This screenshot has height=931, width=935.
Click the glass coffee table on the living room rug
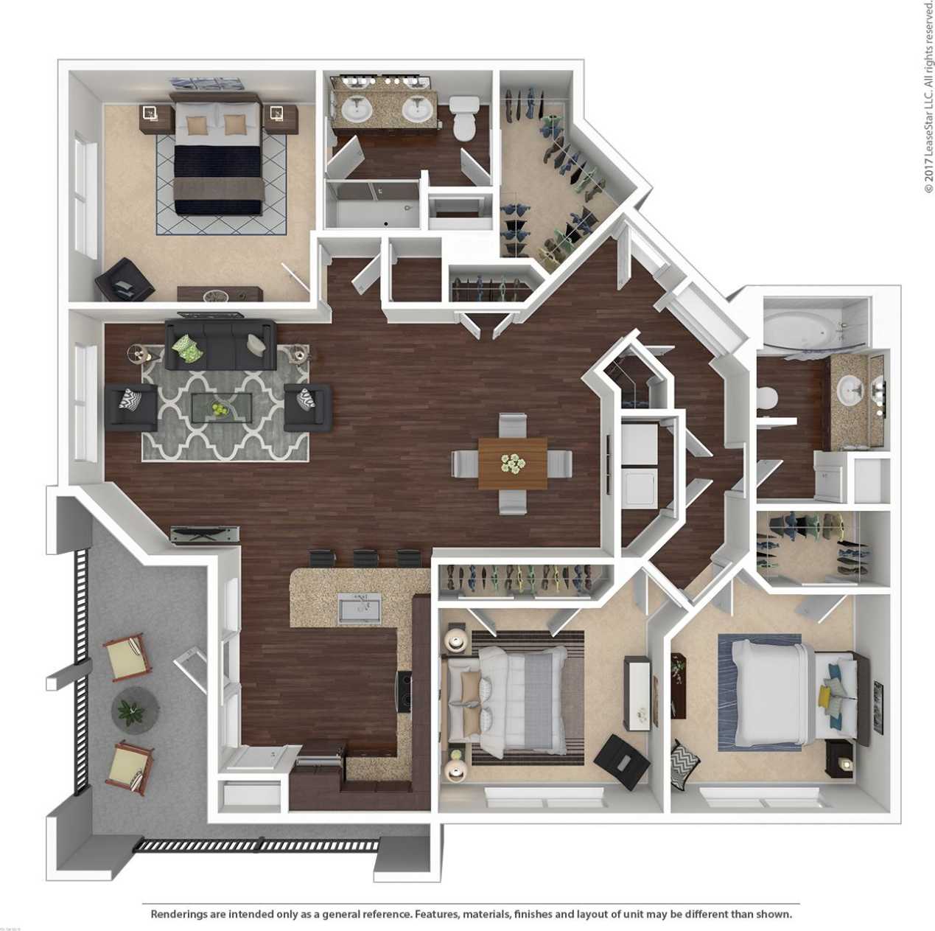[x=221, y=406]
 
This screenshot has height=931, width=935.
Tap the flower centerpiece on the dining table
[x=512, y=463]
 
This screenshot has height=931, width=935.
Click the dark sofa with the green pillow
[x=220, y=344]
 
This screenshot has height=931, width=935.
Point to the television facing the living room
[x=206, y=534]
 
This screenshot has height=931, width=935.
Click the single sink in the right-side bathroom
[x=850, y=388]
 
